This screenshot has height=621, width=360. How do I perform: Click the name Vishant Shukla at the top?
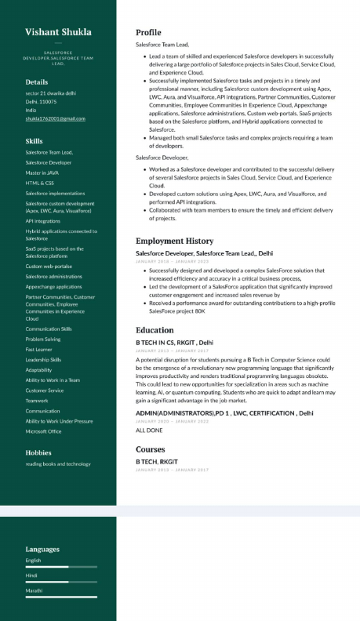pyautogui.click(x=58, y=32)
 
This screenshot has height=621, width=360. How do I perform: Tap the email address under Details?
pyautogui.click(x=55, y=118)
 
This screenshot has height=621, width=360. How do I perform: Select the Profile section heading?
pyautogui.click(x=148, y=32)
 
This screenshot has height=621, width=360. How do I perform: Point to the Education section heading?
pyautogui.click(x=155, y=330)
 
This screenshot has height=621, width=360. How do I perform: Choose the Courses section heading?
pyautogui.click(x=151, y=449)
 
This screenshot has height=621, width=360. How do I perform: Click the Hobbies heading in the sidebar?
pyautogui.click(x=38, y=452)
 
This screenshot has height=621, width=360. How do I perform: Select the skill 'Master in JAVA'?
pyautogui.click(x=42, y=172)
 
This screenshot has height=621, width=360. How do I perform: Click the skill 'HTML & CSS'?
pyautogui.click(x=39, y=183)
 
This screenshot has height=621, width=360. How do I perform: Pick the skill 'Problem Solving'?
pyautogui.click(x=42, y=340)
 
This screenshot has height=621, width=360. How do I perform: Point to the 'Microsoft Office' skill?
pyautogui.click(x=43, y=431)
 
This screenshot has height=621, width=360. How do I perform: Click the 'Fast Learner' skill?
pyautogui.click(x=39, y=350)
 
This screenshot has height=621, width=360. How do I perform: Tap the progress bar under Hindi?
pyautogui.click(x=61, y=582)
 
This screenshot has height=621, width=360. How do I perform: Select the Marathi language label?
pyautogui.click(x=34, y=590)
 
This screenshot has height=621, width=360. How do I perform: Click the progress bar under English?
pyautogui.click(x=61, y=566)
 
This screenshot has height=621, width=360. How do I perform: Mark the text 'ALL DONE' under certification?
pyautogui.click(x=149, y=430)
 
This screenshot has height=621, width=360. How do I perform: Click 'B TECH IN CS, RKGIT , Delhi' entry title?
pyautogui.click(x=174, y=343)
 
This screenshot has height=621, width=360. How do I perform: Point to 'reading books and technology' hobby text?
pyautogui.click(x=58, y=464)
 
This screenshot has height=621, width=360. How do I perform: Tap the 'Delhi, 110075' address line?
pyautogui.click(x=42, y=101)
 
